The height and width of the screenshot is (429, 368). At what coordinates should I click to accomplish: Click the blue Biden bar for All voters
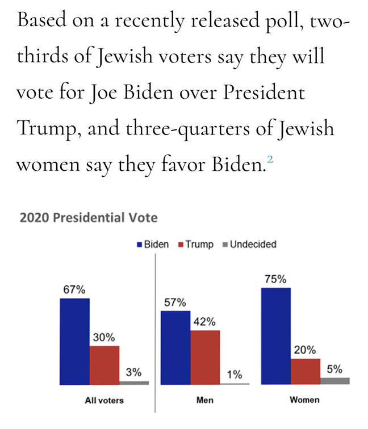pyautogui.click(x=74, y=340)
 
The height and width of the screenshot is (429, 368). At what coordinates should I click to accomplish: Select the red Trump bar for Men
pyautogui.click(x=205, y=357)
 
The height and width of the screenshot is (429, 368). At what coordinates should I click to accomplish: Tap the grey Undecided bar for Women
pyautogui.click(x=335, y=381)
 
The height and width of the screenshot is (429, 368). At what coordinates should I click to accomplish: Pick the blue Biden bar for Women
pyautogui.click(x=275, y=335)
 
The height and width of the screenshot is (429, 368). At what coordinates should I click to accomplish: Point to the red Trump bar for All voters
pyautogui.click(x=104, y=364)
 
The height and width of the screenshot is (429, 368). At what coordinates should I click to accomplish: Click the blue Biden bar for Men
pyautogui.click(x=175, y=347)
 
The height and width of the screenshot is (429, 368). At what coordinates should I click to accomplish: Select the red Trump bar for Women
pyautogui.click(x=306, y=371)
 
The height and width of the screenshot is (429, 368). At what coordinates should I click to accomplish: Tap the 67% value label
pyautogui.click(x=74, y=289)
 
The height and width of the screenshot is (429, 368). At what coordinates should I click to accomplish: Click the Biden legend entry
pyautogui.click(x=153, y=245)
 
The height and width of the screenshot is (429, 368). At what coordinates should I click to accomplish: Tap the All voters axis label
pyautogui.click(x=104, y=400)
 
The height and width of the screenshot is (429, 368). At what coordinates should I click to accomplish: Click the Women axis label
pyautogui.click(x=304, y=400)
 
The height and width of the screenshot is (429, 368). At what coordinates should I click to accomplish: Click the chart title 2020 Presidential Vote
pyautogui.click(x=88, y=217)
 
